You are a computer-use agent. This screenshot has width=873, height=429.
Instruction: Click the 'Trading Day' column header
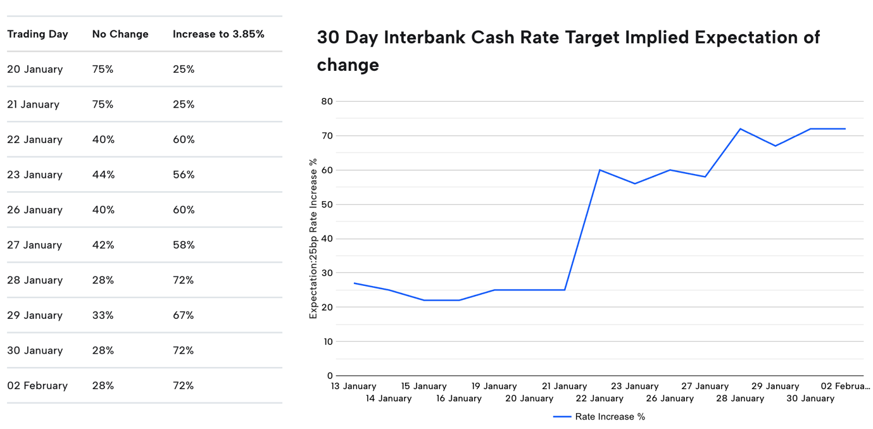point(37,34)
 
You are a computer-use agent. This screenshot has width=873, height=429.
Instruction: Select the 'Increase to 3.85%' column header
point(218,34)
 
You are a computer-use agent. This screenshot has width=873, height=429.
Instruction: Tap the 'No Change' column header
point(120,34)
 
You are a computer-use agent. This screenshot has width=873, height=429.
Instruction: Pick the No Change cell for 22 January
point(103,140)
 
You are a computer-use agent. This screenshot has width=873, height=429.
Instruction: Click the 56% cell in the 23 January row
point(184,175)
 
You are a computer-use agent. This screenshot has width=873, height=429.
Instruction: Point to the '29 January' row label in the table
point(35,315)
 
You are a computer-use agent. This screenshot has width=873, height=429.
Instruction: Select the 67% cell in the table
point(184,315)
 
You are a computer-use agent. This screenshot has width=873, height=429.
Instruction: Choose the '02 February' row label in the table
point(37,385)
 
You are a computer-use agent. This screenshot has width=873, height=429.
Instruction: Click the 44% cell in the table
point(103,175)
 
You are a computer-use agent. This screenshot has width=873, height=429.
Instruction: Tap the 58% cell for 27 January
point(184,245)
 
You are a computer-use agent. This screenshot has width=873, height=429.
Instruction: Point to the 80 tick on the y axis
point(327,101)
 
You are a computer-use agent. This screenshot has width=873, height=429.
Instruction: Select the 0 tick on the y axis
point(329,376)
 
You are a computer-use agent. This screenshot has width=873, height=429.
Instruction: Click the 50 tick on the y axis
point(327,204)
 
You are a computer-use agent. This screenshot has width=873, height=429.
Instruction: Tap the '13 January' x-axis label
point(353,386)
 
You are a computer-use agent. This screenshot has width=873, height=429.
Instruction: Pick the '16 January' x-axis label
point(458,399)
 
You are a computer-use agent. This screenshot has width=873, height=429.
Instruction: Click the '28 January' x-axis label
point(739,399)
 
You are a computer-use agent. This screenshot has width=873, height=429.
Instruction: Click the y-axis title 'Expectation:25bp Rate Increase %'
point(313,239)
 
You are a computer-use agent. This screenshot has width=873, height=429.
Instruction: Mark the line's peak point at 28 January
point(740,129)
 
